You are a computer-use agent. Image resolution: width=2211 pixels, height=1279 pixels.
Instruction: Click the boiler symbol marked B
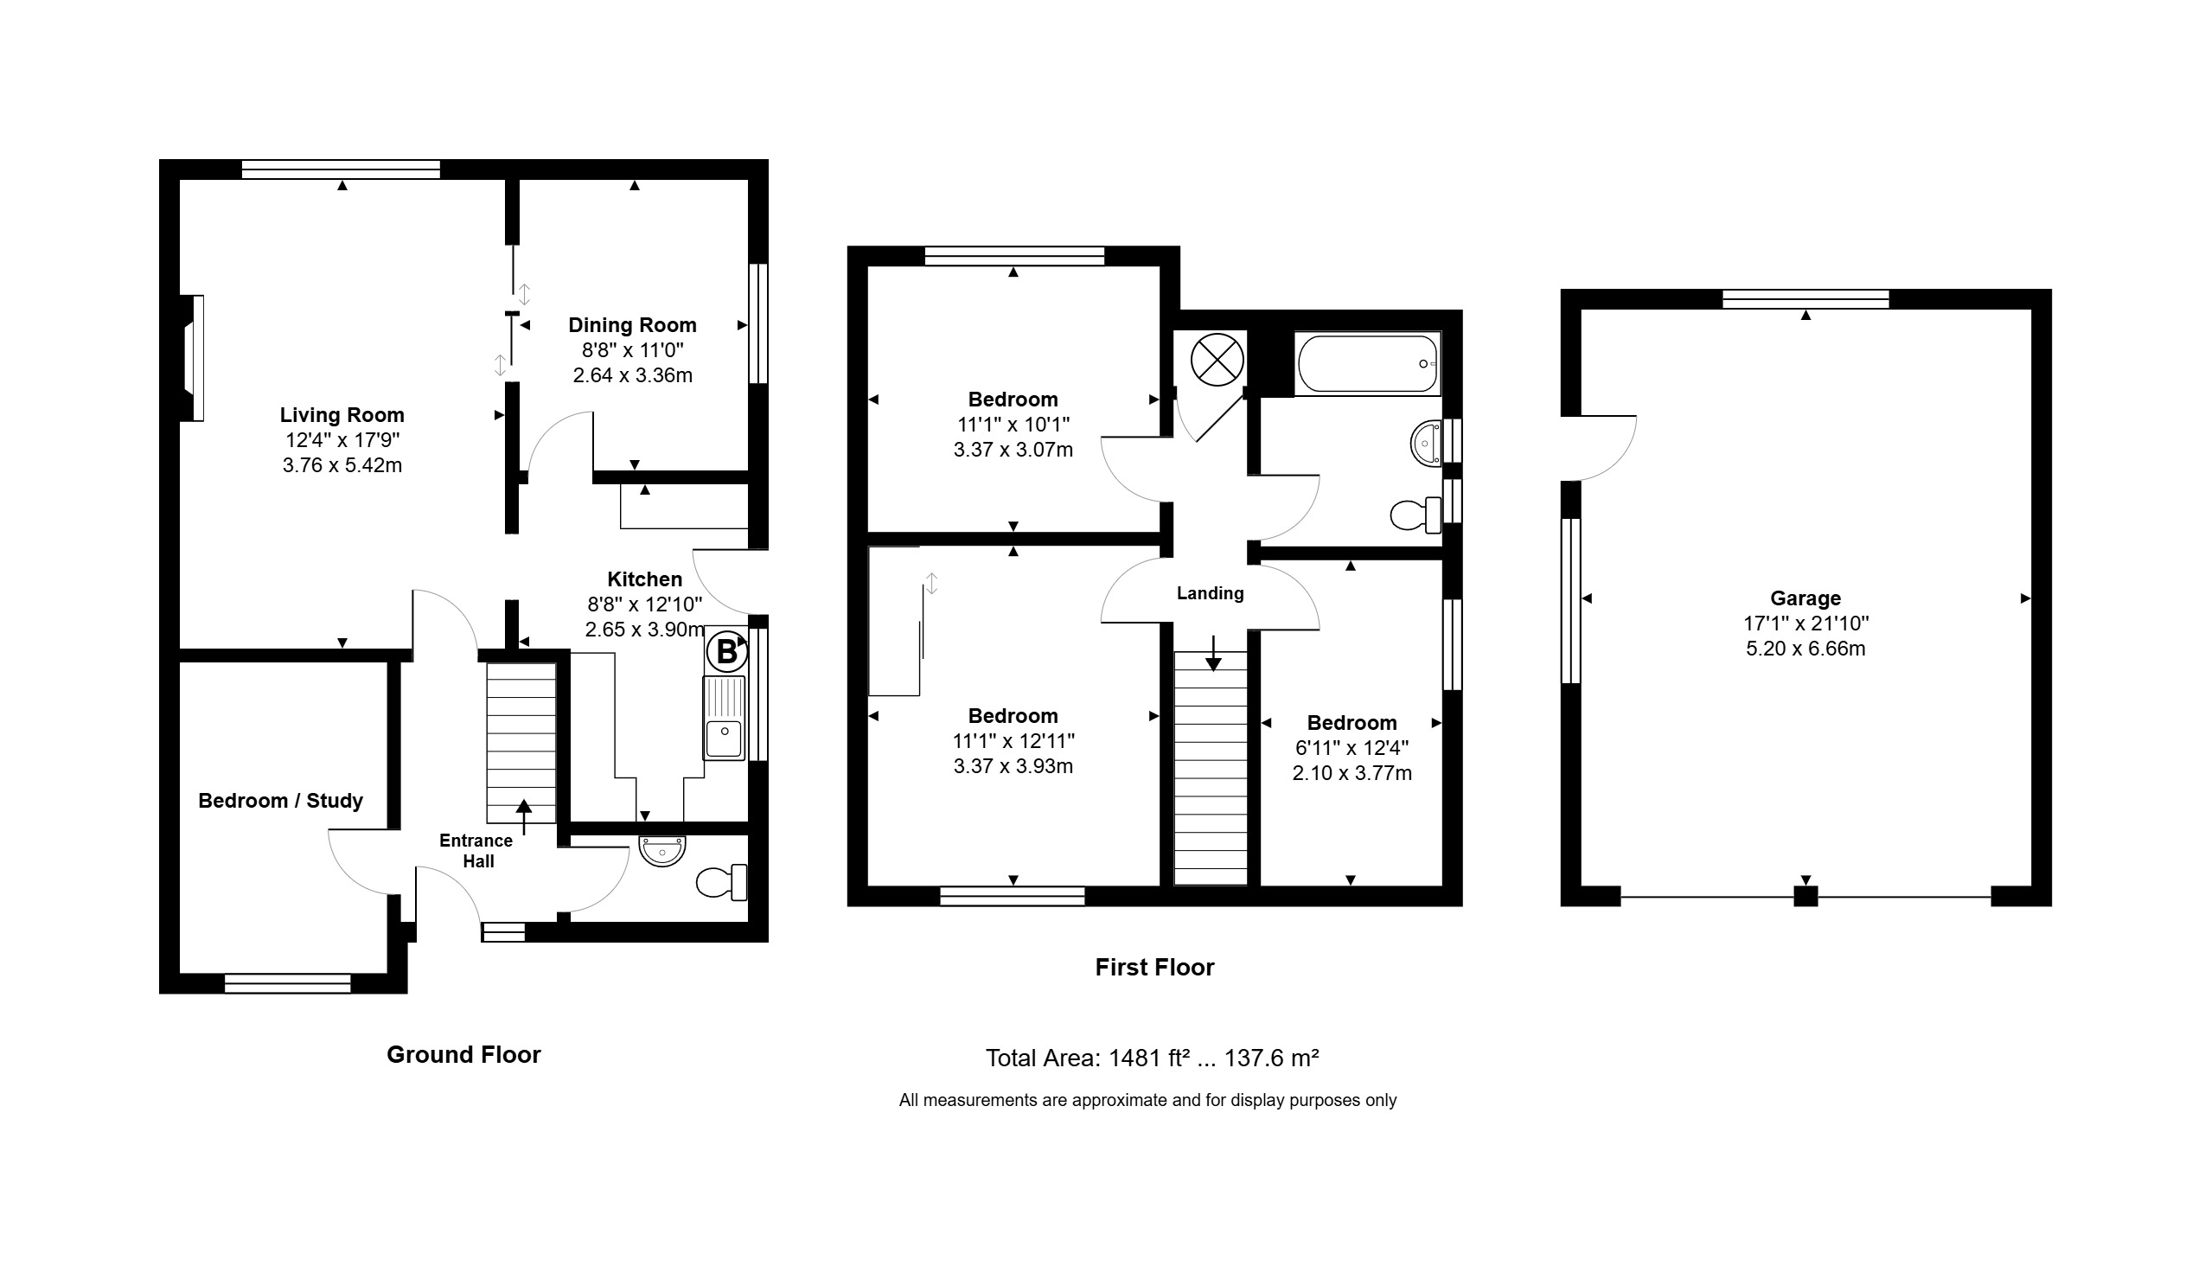coord(726,652)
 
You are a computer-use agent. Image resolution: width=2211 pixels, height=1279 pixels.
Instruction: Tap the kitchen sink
coord(724,718)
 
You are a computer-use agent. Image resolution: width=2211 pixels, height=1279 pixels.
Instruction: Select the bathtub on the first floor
coord(1368,363)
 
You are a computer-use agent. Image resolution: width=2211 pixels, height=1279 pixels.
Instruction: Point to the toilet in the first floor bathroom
coord(1416,515)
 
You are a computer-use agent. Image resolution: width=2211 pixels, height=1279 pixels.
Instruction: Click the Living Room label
coord(342,415)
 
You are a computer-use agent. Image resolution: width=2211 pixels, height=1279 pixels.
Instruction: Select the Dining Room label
coord(633,325)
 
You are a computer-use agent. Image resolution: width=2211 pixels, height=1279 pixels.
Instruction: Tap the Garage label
coord(1805,598)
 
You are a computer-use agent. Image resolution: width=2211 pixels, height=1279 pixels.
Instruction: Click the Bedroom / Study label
coord(281,801)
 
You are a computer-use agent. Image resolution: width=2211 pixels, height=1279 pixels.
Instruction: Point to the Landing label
coord(1210,594)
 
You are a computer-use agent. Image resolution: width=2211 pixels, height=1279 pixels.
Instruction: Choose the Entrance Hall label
coord(477,851)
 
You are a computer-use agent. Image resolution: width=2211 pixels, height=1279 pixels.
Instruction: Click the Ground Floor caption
coord(464,1054)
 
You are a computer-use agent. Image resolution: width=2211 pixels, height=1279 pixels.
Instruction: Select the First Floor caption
coord(1154,968)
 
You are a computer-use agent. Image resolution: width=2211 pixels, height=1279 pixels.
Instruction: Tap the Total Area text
coord(1152,1058)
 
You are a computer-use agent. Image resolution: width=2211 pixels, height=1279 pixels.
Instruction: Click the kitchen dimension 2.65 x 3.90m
coord(645,630)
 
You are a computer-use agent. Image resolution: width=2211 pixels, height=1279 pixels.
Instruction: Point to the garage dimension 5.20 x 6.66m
coord(1805,649)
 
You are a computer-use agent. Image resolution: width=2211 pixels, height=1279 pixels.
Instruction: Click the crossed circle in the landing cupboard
coord(1217,360)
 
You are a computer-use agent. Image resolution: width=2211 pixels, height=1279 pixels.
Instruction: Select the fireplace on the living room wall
coord(192,358)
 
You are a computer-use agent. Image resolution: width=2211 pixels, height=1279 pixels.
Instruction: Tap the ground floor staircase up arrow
coord(524,817)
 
